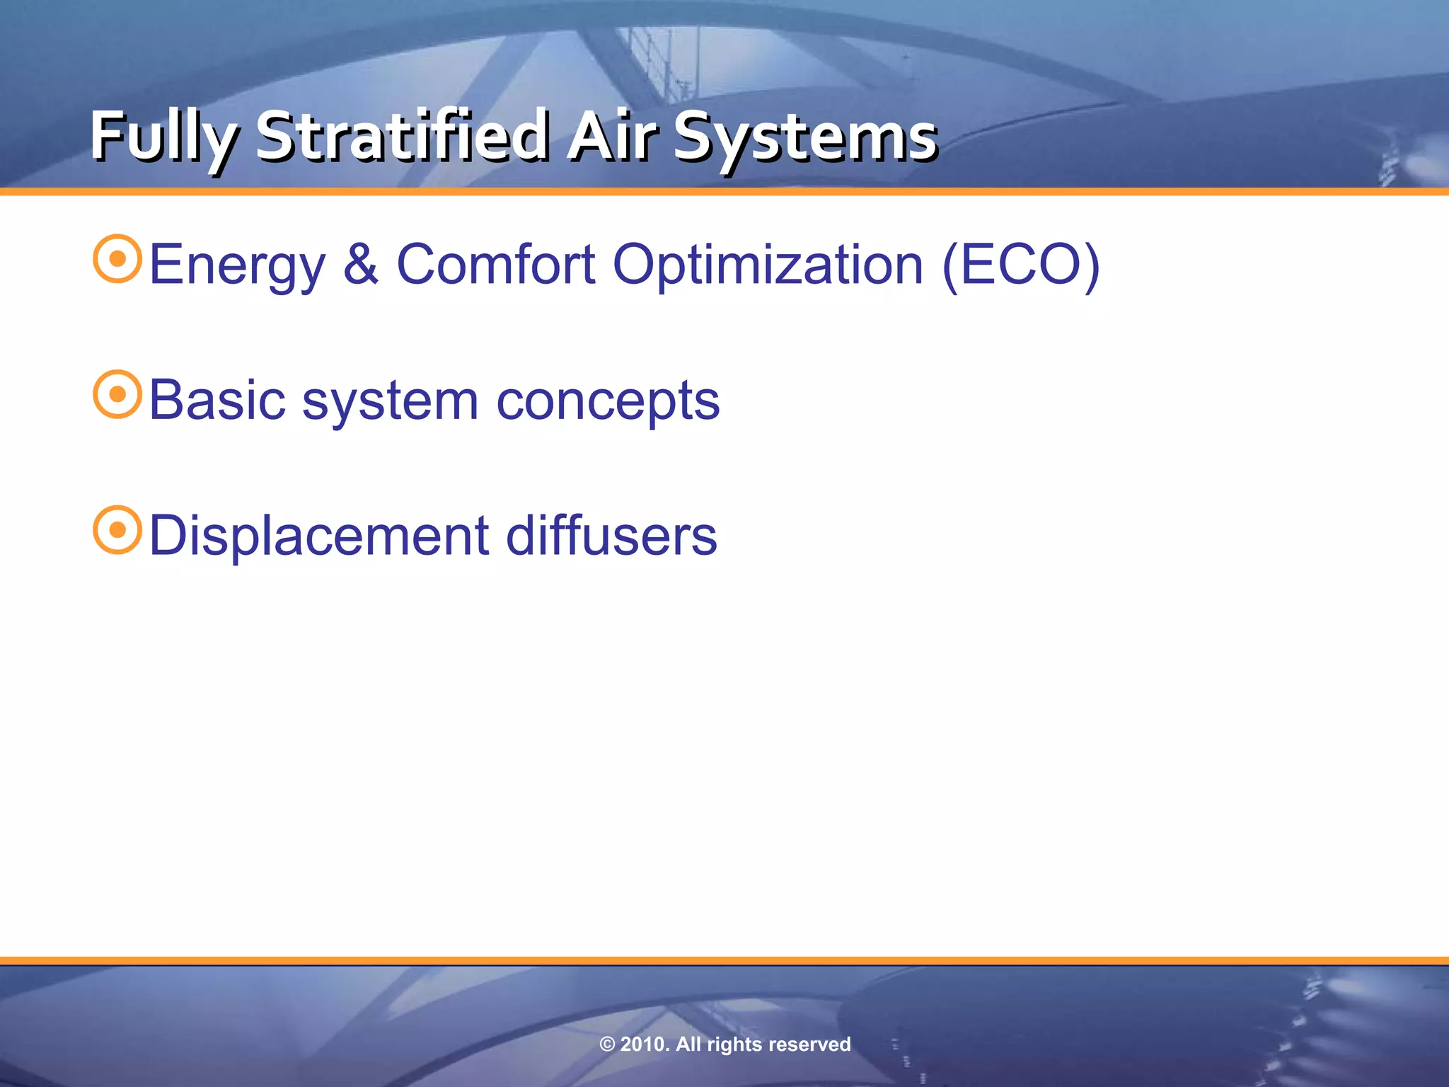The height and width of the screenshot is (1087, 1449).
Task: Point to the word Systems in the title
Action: pyautogui.click(x=804, y=137)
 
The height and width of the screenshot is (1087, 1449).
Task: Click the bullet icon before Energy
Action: pyautogui.click(x=117, y=259)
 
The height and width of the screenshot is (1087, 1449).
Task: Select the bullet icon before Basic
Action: pyautogui.click(x=117, y=394)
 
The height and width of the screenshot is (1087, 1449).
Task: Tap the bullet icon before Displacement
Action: pyautogui.click(x=117, y=529)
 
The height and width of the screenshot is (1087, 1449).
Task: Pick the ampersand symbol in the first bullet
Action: pyautogui.click(x=361, y=264)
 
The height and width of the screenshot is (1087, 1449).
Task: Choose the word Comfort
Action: pyautogui.click(x=495, y=264)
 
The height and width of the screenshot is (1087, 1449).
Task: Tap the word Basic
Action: pyautogui.click(x=217, y=400)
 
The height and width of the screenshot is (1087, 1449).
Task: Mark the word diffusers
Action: pyautogui.click(x=611, y=535)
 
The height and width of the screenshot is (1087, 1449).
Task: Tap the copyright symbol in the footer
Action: pyautogui.click(x=607, y=1045)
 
